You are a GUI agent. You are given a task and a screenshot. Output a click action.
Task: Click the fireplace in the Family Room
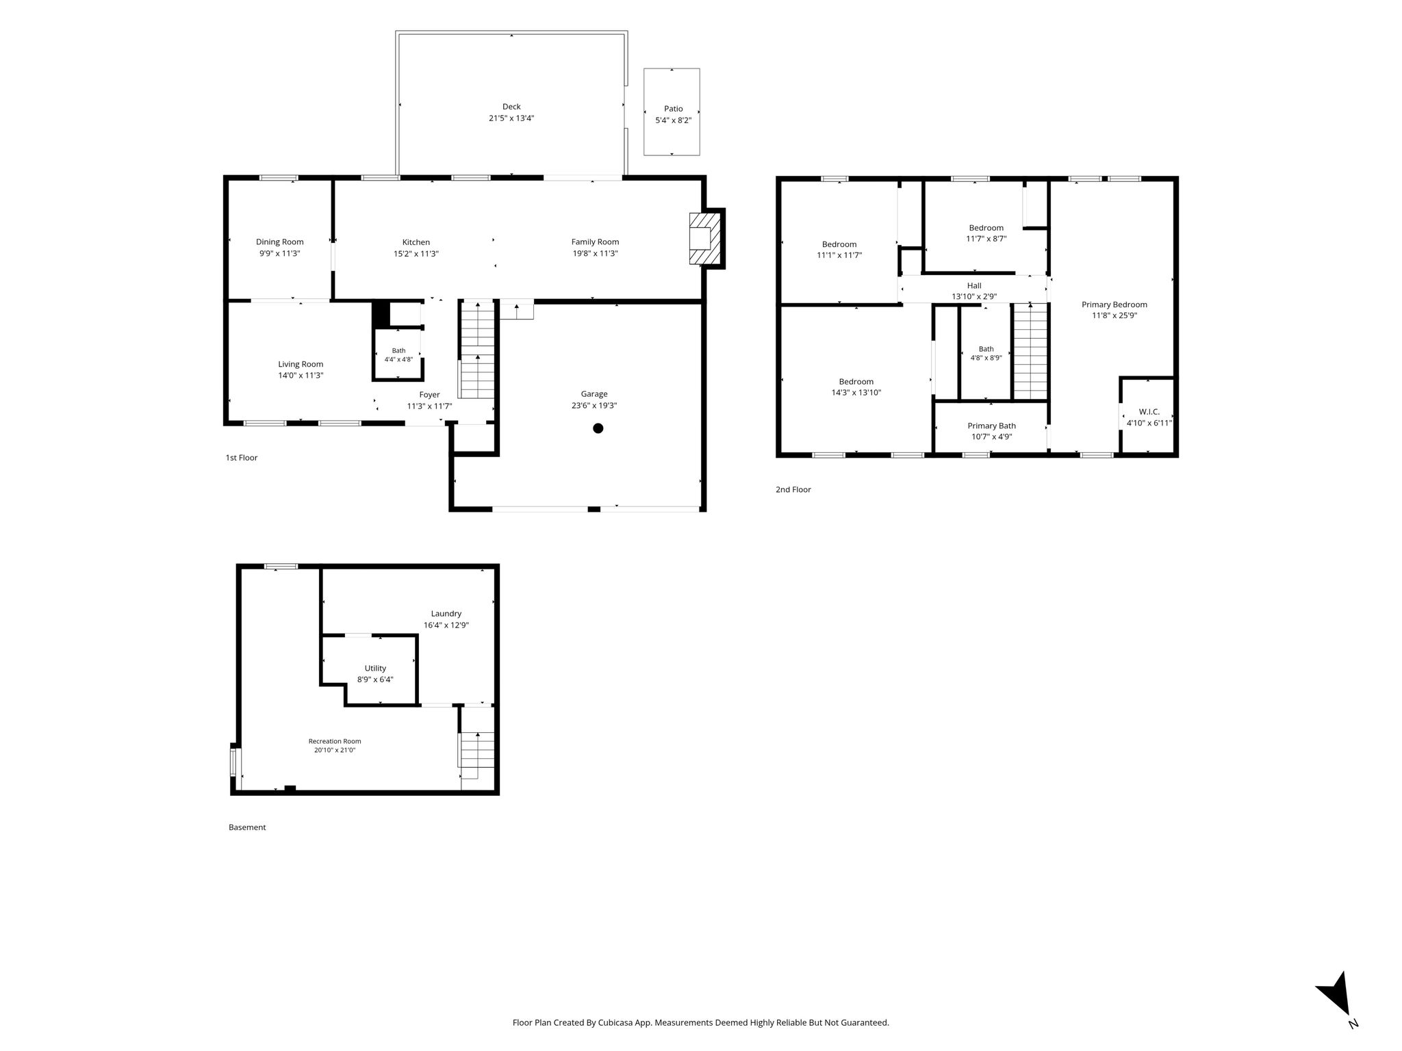tap(704, 239)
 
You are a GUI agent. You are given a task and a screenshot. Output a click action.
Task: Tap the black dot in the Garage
tap(598, 428)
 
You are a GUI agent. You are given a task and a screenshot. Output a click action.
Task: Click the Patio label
tap(673, 109)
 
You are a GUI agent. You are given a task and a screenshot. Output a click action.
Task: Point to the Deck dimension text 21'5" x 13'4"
tap(511, 118)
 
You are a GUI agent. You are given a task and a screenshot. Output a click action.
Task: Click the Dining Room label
tap(279, 242)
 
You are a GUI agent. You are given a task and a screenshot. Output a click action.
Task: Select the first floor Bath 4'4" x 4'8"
tap(398, 354)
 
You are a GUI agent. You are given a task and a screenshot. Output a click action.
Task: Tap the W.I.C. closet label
tap(1149, 411)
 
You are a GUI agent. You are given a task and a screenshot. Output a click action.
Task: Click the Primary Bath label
tap(991, 426)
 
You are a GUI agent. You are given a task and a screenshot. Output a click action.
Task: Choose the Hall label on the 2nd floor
tap(974, 285)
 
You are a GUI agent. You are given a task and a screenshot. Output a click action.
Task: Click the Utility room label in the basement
tap(375, 668)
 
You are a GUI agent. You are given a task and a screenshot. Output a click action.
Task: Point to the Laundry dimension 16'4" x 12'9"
tap(446, 625)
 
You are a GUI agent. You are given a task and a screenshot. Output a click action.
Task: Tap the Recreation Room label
tap(334, 741)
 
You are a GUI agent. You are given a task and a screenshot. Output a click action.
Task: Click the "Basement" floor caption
tap(247, 827)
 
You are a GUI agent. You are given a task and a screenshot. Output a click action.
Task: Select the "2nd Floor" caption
tap(793, 489)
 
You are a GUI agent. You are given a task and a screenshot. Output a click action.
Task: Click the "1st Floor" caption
tap(242, 458)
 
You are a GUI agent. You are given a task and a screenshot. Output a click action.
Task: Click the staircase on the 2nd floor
tap(1030, 351)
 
